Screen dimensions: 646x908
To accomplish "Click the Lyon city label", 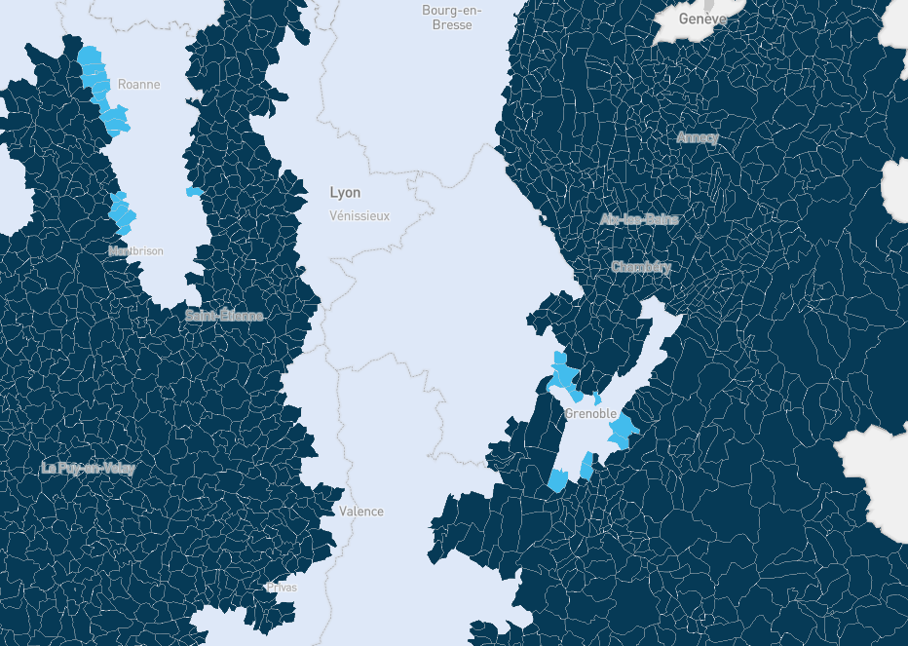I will click(x=345, y=193).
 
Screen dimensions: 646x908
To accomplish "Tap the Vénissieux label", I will click(x=359, y=215).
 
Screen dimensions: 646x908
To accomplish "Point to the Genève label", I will click(x=702, y=19).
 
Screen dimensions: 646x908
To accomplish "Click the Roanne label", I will click(x=138, y=85).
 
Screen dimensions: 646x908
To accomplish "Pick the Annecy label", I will click(x=698, y=138).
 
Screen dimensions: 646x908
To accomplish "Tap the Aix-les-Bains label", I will click(x=639, y=219).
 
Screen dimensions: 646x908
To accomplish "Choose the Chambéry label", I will click(x=641, y=267).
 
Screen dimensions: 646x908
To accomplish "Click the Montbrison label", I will click(x=136, y=251).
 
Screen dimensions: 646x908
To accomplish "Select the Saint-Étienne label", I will click(x=224, y=316).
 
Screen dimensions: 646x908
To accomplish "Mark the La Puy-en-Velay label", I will click(x=89, y=469).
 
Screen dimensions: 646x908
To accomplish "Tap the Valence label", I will click(x=361, y=512).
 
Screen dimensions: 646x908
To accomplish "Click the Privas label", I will click(x=282, y=588).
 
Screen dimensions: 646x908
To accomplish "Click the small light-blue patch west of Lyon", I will click(x=194, y=192).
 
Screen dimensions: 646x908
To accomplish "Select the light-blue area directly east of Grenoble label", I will click(x=624, y=428).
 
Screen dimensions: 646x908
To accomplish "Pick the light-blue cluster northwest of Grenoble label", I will click(x=564, y=376).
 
